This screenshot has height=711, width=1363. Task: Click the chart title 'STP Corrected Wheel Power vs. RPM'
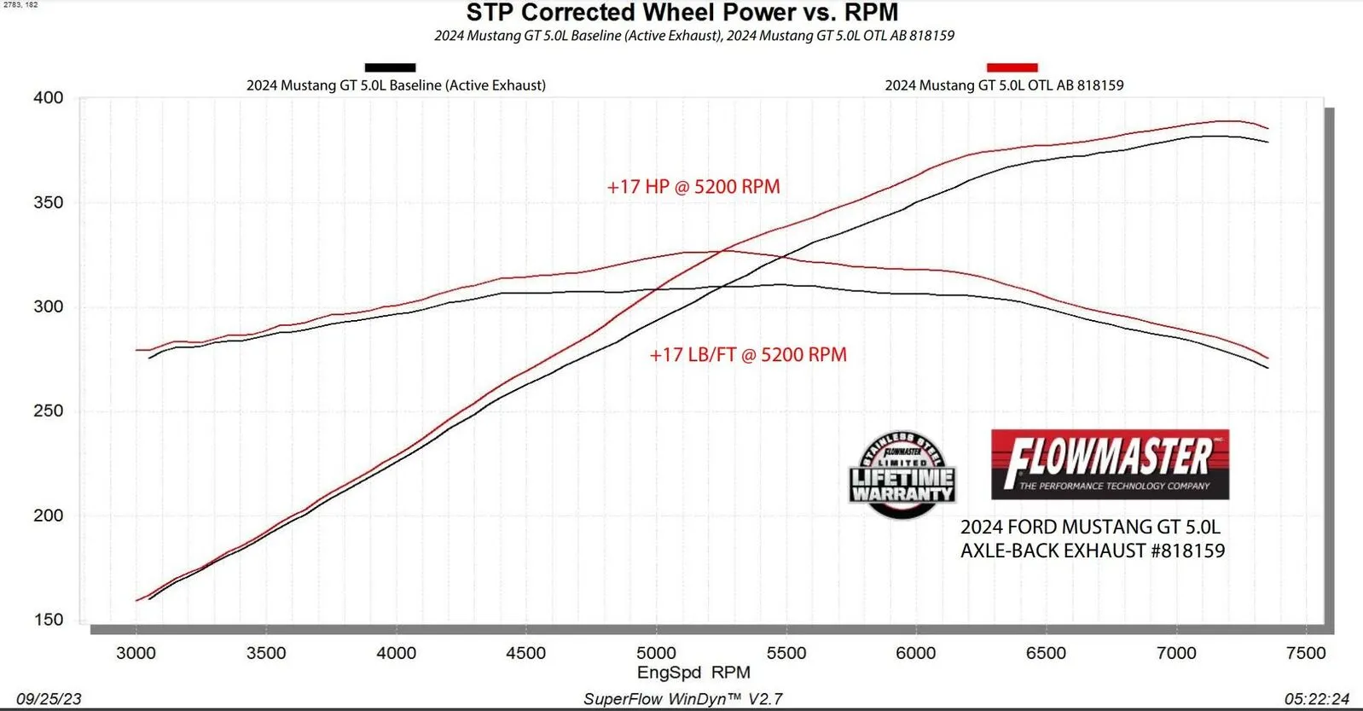tap(681, 13)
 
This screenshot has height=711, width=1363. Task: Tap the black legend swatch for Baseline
tap(390, 67)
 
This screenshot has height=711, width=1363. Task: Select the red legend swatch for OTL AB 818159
tap(1012, 67)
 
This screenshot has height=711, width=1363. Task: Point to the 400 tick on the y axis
tap(49, 97)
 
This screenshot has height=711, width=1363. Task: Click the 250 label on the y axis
tap(49, 411)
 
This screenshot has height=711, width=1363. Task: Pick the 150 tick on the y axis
tap(49, 620)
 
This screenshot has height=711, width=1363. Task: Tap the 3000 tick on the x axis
tap(136, 653)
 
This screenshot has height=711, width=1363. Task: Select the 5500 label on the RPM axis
tap(786, 653)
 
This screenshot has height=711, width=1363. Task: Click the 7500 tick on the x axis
tap(1306, 653)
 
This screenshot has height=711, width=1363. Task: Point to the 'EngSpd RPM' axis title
tap(693, 673)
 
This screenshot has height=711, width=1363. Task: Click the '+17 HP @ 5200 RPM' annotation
tap(693, 187)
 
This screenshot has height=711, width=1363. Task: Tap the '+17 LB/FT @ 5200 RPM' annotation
tap(748, 355)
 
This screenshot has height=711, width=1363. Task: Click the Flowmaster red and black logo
tap(1110, 464)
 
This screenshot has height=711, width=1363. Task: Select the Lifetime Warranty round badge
tap(902, 475)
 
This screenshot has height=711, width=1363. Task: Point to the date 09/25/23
tap(49, 699)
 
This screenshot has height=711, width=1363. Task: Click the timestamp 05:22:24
tap(1317, 699)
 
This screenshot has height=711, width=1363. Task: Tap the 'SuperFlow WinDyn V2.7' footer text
tap(682, 699)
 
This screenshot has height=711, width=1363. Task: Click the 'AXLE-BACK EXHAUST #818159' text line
tap(1093, 551)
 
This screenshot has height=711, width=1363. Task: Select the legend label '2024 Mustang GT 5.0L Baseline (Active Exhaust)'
tap(396, 85)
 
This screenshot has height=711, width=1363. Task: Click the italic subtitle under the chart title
tap(694, 36)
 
